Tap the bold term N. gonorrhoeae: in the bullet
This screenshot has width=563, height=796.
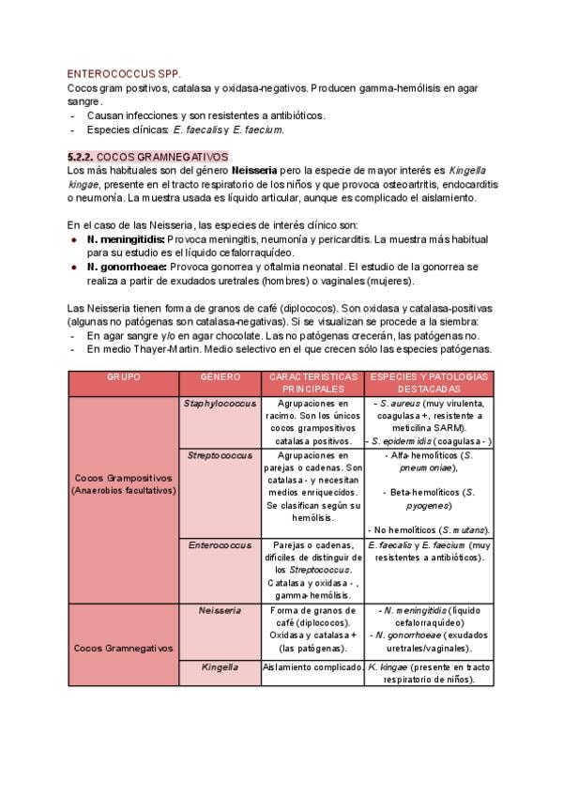pos(128,268)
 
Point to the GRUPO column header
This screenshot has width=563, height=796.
pos(123,376)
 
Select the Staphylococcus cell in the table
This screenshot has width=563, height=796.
pos(220,402)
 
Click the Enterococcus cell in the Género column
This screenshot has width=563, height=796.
pos(220,544)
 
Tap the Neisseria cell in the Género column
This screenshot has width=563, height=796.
pos(220,610)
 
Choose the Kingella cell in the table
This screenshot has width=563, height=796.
pos(220,667)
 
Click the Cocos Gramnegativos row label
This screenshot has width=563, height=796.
pos(123,648)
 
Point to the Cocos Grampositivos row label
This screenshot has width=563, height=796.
pos(123,483)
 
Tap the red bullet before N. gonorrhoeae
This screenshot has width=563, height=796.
pos(73,268)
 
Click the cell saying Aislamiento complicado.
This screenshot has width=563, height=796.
pos(313,667)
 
